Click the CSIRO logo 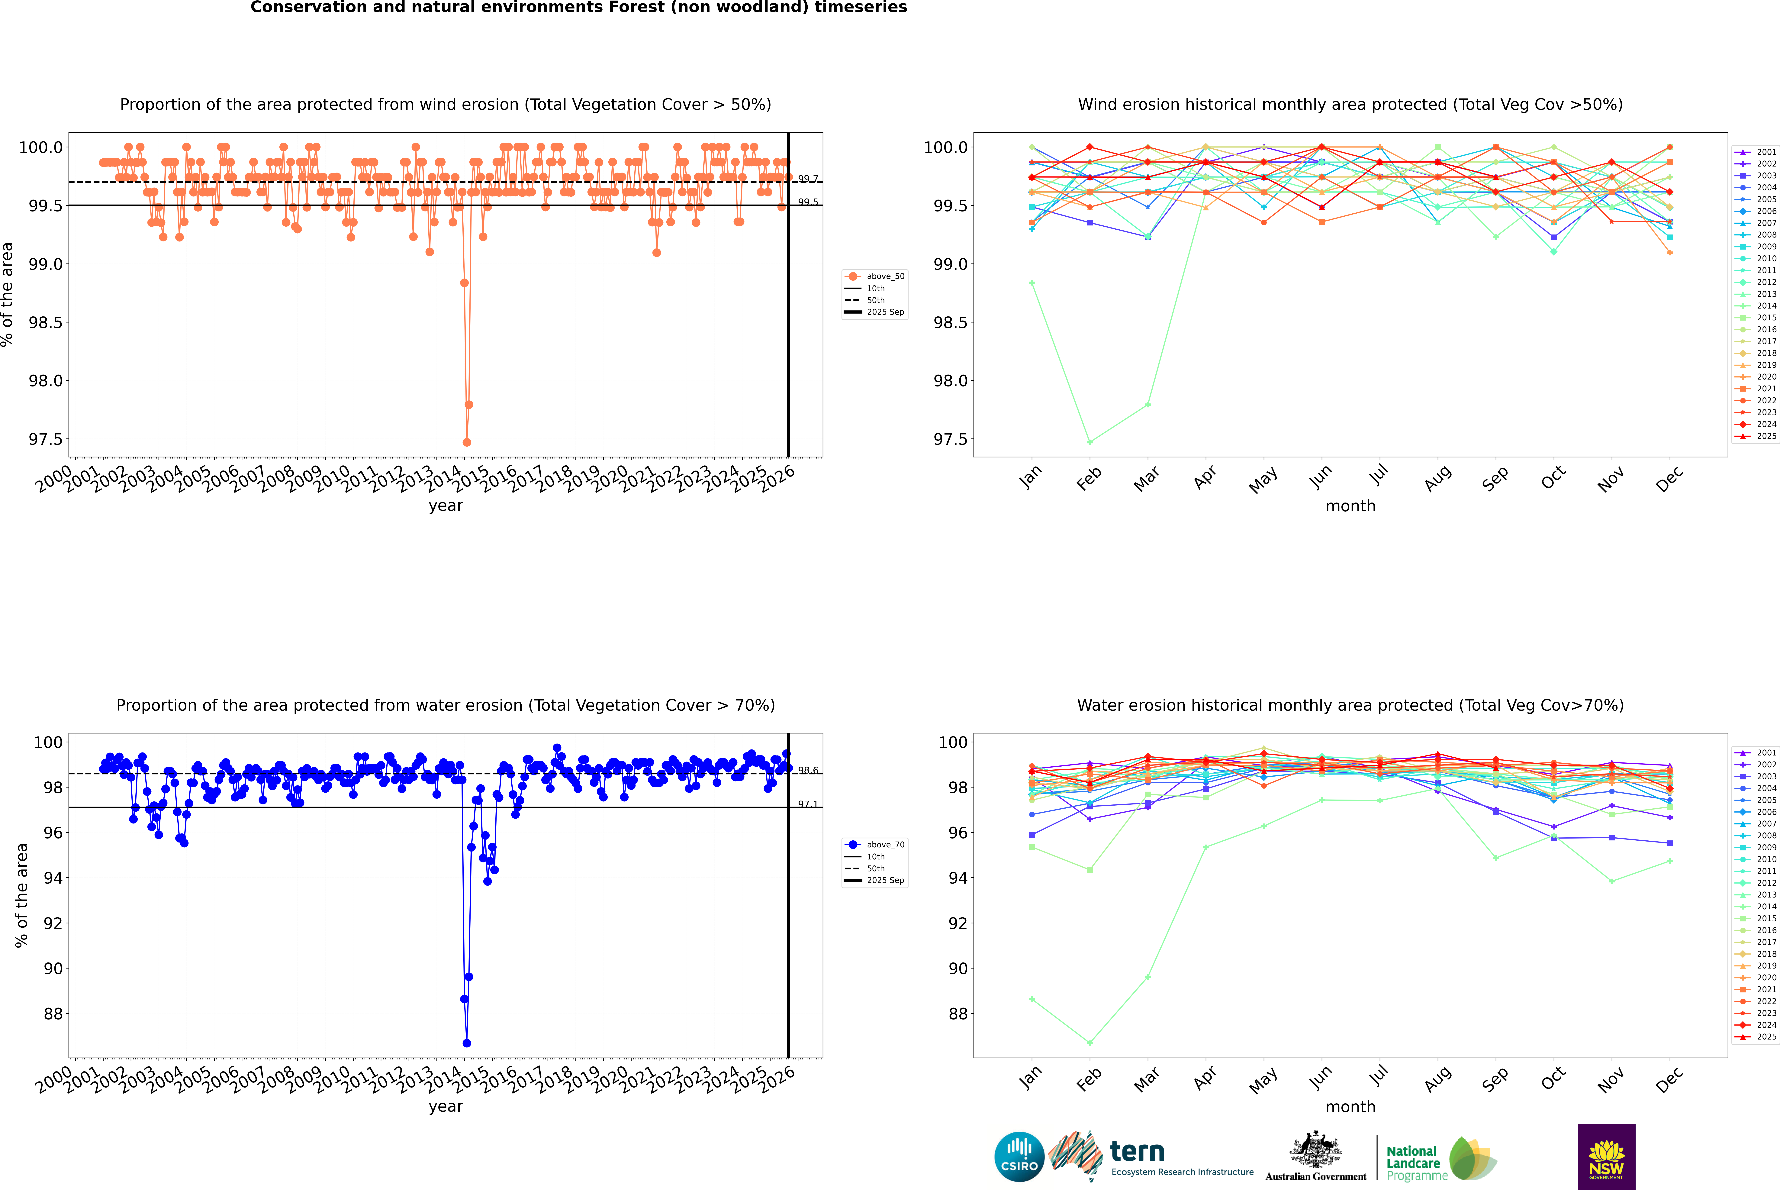[x=1019, y=1157]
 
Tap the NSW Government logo [x=1606, y=1157]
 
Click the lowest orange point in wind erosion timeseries [x=467, y=442]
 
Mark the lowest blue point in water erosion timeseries [x=467, y=1043]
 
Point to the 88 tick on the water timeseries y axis [x=53, y=1014]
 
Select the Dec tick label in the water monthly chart [x=1669, y=1080]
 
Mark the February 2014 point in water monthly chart [x=1090, y=1043]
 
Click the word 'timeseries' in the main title [x=860, y=8]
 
